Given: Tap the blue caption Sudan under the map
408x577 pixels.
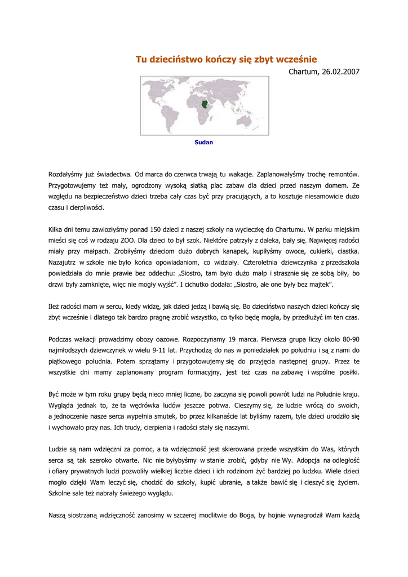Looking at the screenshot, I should [x=203, y=143].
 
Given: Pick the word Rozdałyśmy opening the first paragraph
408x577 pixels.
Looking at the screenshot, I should [x=70, y=175].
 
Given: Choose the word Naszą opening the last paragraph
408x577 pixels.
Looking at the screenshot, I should [x=59, y=516].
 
